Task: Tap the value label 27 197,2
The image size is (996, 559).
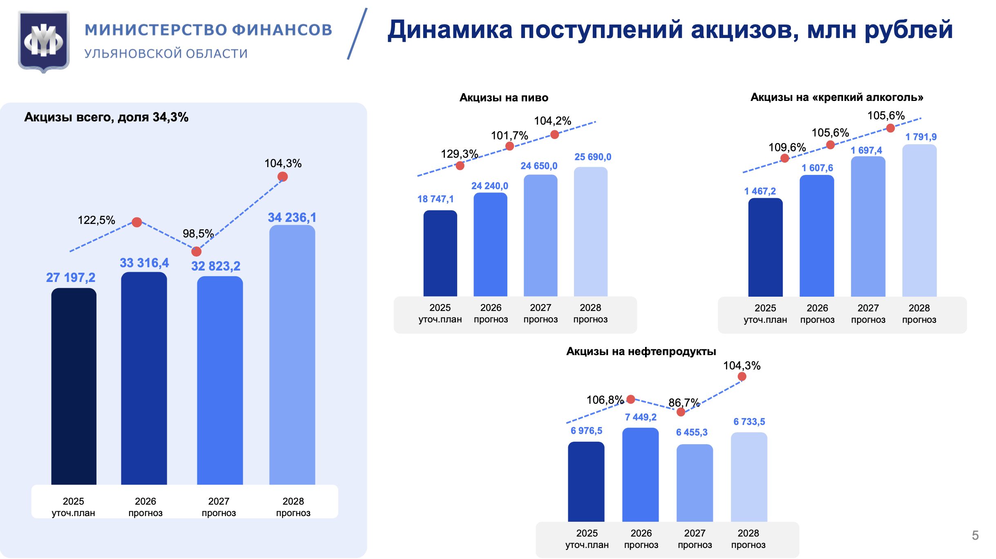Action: point(71,277)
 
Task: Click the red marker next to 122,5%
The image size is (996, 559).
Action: point(137,222)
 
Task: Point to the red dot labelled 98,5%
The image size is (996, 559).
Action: point(197,251)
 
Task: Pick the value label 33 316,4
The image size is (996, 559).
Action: point(144,263)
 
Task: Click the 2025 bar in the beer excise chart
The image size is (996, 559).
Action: point(440,253)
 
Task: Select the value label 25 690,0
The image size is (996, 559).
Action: point(593,157)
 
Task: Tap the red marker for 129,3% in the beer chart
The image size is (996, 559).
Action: point(460,165)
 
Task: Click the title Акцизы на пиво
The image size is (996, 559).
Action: point(504,98)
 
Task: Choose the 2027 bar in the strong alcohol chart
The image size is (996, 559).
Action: point(868,227)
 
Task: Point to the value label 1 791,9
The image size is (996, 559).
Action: point(921,137)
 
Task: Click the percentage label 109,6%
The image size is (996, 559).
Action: point(787,147)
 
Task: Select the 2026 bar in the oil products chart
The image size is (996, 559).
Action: point(641,475)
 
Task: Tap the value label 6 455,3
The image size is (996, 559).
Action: point(692,432)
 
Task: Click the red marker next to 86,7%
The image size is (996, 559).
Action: point(681,412)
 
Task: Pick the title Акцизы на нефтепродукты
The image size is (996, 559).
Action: point(641,351)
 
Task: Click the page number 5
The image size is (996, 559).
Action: point(975,535)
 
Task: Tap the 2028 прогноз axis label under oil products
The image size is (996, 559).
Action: point(748,539)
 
